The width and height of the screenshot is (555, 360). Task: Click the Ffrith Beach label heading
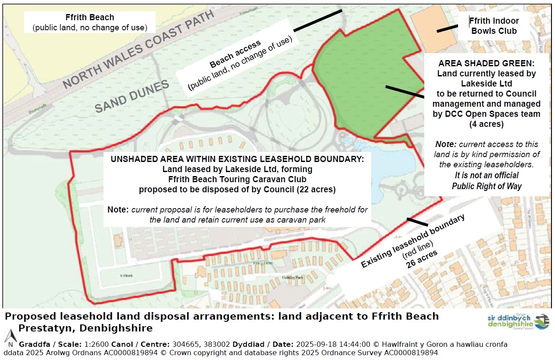click(90, 18)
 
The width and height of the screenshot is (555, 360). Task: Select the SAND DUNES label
click(132, 97)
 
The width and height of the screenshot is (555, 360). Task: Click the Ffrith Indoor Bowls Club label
click(494, 26)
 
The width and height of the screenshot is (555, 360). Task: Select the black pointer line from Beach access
click(317, 21)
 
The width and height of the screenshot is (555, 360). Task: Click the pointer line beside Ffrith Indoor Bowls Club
click(447, 29)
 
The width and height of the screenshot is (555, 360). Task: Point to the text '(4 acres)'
click(486, 124)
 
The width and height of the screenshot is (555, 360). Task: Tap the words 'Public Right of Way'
click(487, 186)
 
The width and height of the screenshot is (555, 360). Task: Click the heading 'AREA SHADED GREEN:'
click(487, 64)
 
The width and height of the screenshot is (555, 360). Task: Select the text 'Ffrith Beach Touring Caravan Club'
click(237, 179)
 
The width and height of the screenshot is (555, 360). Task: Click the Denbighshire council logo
click(518, 321)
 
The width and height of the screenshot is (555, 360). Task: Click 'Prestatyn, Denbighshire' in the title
click(86, 328)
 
